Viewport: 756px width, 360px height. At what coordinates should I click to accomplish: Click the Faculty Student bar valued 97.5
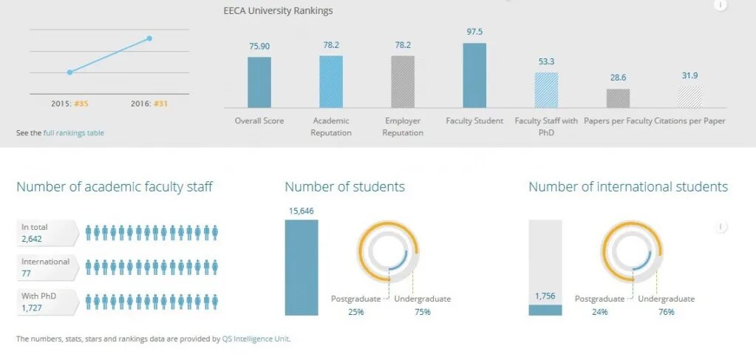point(474,75)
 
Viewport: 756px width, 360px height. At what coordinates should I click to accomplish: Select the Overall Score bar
point(259,82)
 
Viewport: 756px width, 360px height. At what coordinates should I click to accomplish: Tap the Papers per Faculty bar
point(618,98)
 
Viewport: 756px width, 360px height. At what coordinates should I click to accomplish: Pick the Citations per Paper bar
point(689,97)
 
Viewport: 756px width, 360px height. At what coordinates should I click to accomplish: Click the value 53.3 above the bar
point(546,61)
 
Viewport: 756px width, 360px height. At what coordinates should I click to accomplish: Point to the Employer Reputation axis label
point(403,126)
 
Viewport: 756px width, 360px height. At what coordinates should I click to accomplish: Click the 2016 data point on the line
point(149,38)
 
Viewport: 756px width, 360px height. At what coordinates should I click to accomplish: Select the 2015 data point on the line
point(69,72)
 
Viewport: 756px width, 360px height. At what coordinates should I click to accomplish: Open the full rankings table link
point(74,133)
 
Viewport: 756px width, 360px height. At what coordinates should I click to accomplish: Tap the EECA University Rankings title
point(278,11)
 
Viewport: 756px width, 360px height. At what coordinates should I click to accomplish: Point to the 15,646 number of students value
point(301,211)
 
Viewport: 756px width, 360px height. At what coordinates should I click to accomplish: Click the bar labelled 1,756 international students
point(545,310)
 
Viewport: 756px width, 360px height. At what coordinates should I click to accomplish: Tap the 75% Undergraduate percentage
point(422,312)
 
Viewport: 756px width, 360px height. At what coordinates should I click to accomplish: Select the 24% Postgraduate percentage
point(599,312)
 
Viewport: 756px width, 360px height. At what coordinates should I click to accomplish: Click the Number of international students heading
point(628,187)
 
